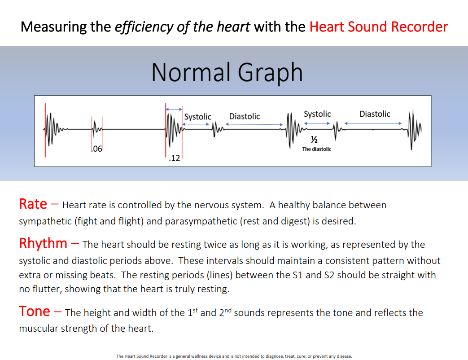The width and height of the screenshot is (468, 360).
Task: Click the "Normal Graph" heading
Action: [x=227, y=73]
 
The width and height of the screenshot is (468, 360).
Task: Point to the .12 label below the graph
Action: [x=174, y=158]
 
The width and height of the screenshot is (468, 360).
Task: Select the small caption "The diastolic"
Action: [x=317, y=149]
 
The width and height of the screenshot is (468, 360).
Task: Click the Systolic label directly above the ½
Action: [x=317, y=114]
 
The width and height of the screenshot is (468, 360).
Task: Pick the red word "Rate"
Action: [x=33, y=204]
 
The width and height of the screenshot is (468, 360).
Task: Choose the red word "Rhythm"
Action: [x=43, y=244]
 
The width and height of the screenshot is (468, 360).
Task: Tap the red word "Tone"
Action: [x=34, y=311]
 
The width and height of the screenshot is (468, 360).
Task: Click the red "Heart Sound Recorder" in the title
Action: [x=379, y=27]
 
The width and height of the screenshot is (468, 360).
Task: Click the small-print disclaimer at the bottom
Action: [x=234, y=356]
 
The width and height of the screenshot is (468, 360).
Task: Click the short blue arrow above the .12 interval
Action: [x=174, y=109]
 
